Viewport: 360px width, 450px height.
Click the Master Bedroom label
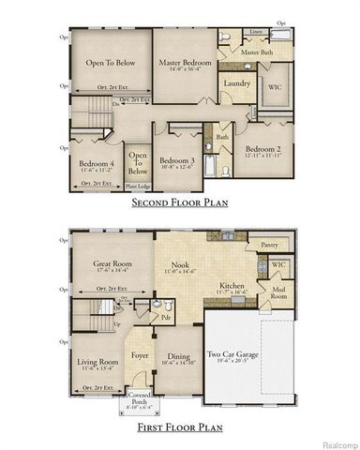[x=184, y=63]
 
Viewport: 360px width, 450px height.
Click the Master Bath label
[x=257, y=53]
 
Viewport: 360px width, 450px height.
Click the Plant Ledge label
[x=138, y=187]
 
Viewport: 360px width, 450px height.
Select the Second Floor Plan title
[x=180, y=202]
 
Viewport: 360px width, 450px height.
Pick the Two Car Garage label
[x=248, y=355]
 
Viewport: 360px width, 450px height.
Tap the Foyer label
[x=141, y=355]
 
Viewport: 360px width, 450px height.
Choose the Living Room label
[x=96, y=362]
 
